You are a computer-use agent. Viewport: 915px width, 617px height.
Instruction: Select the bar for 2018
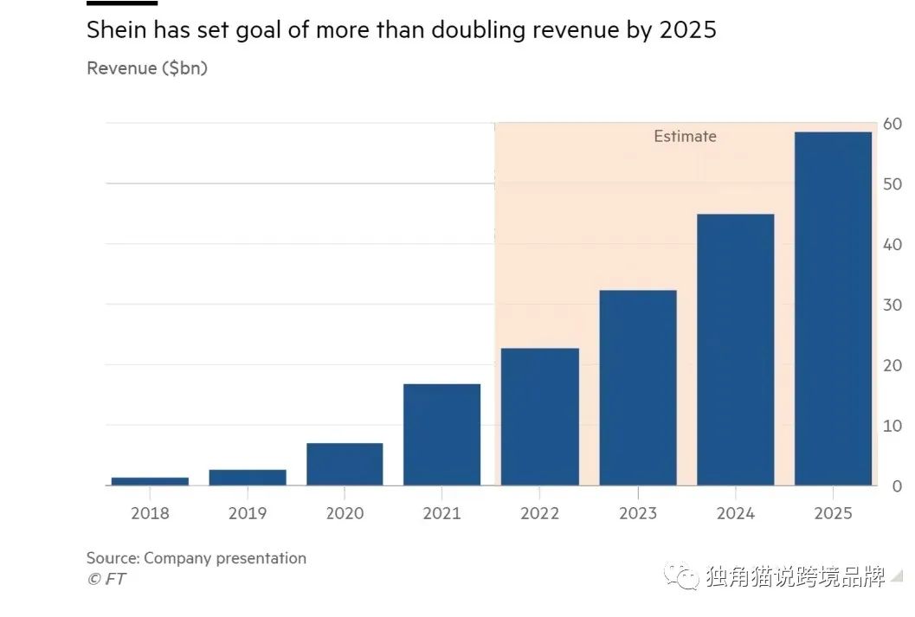pyautogui.click(x=150, y=481)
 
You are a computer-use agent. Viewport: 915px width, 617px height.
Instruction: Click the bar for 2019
pyautogui.click(x=248, y=478)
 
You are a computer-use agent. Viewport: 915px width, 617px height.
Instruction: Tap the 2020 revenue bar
pyautogui.click(x=345, y=465)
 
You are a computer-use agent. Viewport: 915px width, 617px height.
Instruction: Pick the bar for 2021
pyautogui.click(x=441, y=434)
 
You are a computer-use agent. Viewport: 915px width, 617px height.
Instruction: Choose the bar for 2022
pyautogui.click(x=540, y=417)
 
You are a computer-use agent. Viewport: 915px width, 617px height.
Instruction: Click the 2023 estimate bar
pyautogui.click(x=638, y=388)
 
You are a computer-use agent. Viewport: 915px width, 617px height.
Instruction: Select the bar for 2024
pyautogui.click(x=735, y=350)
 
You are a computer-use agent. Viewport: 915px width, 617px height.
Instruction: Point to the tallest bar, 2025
pyautogui.click(x=833, y=309)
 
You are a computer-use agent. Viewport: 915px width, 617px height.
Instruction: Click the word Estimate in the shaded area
pyautogui.click(x=685, y=137)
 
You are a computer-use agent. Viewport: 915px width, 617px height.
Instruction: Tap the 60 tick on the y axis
pyautogui.click(x=892, y=125)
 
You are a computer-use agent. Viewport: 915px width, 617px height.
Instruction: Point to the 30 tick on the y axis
pyautogui.click(x=892, y=305)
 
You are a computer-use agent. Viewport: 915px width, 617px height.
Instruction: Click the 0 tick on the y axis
pyautogui.click(x=897, y=486)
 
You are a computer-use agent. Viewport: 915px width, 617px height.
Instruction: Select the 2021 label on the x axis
pyautogui.click(x=441, y=513)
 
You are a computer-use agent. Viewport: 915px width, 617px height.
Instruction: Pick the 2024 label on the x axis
pyautogui.click(x=735, y=513)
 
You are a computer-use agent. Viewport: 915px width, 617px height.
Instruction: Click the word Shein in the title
pyautogui.click(x=118, y=31)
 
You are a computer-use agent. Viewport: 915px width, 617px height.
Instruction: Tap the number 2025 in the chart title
pyautogui.click(x=687, y=31)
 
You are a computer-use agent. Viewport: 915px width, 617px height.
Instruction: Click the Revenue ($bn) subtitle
pyautogui.click(x=147, y=68)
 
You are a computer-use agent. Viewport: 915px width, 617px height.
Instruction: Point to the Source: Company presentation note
pyautogui.click(x=197, y=558)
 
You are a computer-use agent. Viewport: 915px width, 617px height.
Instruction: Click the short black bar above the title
pyautogui.click(x=109, y=3)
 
